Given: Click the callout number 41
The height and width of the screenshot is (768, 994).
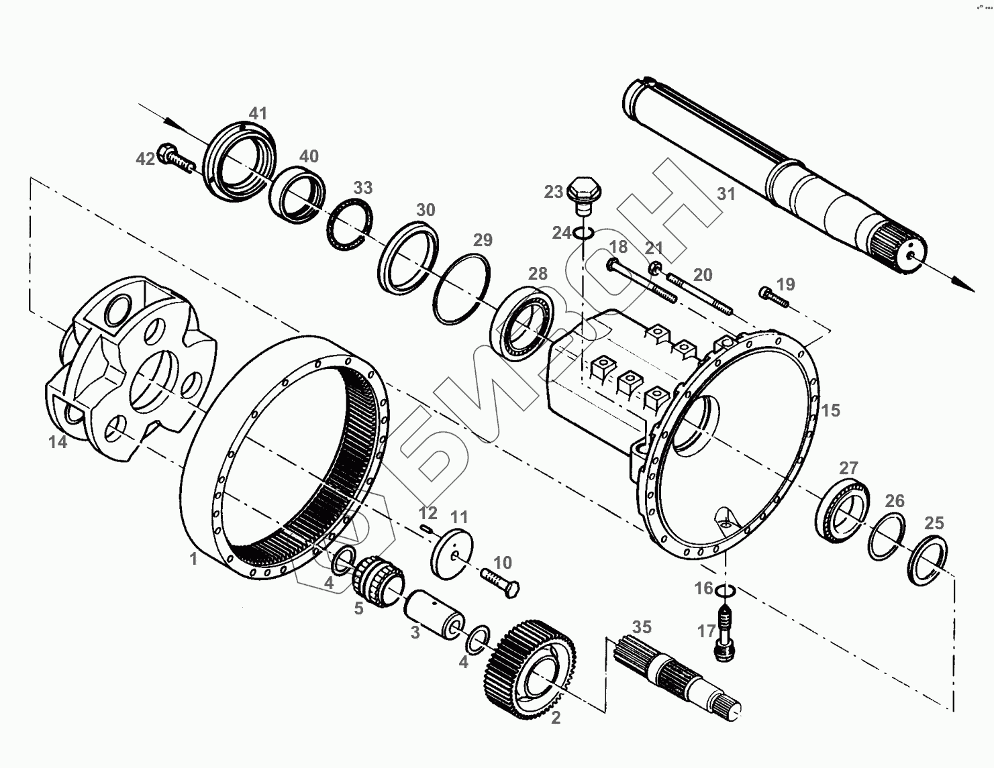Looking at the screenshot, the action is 258,113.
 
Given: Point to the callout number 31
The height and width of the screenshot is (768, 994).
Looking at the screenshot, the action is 726,195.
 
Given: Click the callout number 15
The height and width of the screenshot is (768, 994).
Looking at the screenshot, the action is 830,410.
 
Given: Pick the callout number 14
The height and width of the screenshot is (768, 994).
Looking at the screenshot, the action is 58,442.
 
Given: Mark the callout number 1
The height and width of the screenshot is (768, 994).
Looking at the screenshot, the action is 193,558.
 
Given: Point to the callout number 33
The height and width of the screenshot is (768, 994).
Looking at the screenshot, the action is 362,187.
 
